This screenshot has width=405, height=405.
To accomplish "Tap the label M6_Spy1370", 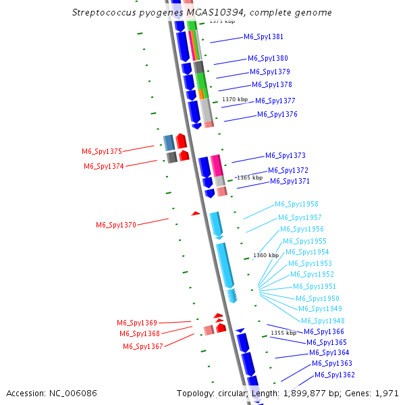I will click(x=115, y=225).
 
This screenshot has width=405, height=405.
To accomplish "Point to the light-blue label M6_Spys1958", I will click(x=296, y=204).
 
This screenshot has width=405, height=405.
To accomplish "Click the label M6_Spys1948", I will click(x=323, y=321).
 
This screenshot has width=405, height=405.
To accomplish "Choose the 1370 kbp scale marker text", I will click(x=235, y=99).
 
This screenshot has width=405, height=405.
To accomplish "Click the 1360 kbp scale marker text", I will click(x=265, y=255).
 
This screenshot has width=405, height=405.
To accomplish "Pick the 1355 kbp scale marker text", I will click(x=283, y=333).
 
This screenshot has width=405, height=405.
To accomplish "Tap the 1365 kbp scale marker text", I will click(x=249, y=178).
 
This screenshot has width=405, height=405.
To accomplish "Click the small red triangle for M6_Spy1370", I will click(x=196, y=213).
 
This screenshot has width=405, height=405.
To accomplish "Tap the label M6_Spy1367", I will click(x=142, y=346).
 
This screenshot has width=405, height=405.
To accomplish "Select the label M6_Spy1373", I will click(x=285, y=155).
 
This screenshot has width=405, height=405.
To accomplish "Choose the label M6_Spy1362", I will click(x=334, y=375).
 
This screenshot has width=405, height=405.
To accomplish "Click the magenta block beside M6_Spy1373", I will click(x=216, y=165).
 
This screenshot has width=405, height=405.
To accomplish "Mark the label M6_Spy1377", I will click(x=275, y=101).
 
